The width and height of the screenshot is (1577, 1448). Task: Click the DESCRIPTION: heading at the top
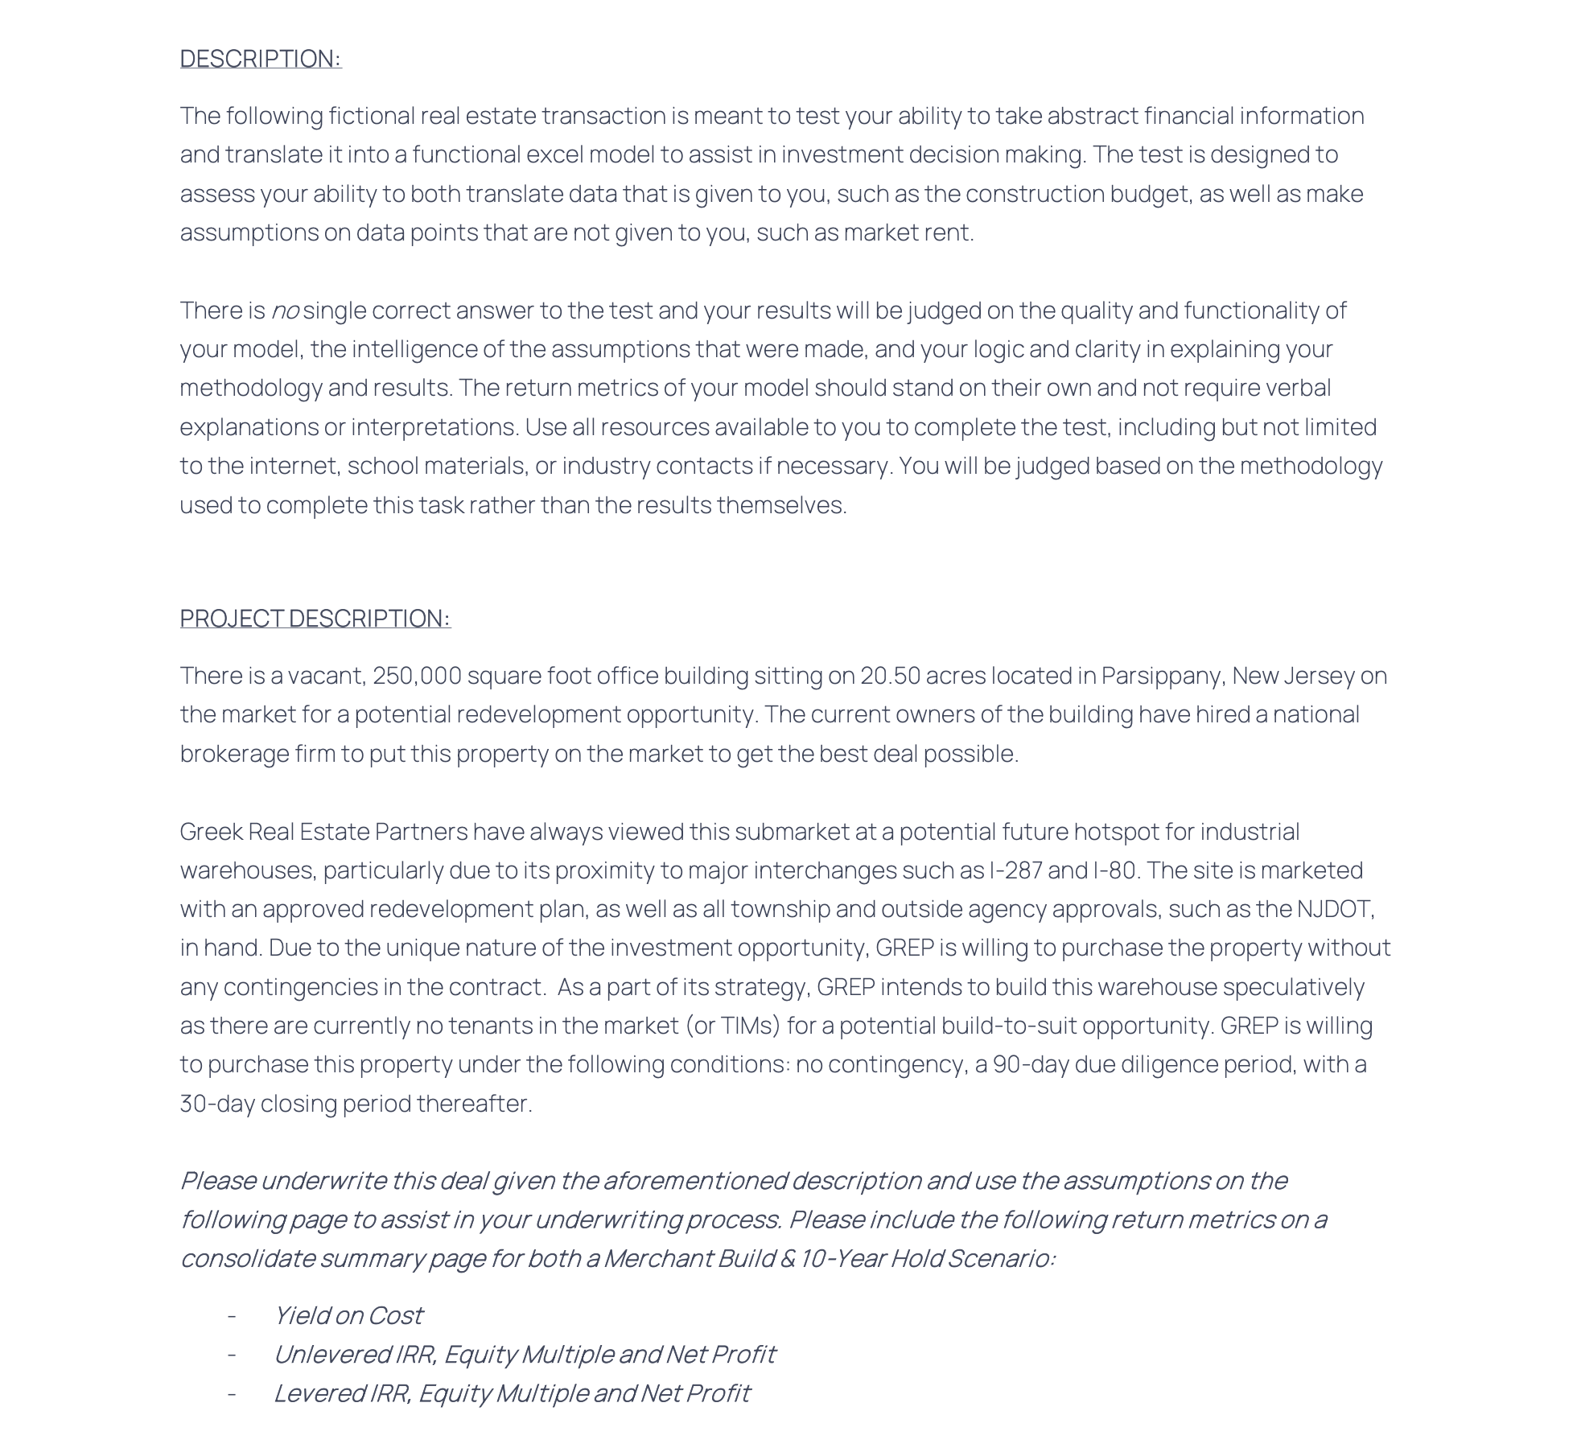(x=261, y=59)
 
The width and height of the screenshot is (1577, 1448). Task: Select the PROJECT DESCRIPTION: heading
(x=315, y=618)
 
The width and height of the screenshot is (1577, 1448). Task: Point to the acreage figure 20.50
(x=890, y=676)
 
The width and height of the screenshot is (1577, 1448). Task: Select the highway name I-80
(x=1117, y=870)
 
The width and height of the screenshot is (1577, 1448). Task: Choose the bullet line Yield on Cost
(x=348, y=1315)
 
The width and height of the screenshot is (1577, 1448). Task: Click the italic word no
(x=285, y=311)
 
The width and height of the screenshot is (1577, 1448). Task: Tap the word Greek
(x=211, y=832)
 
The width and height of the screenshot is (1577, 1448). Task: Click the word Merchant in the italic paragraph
(x=657, y=1258)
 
